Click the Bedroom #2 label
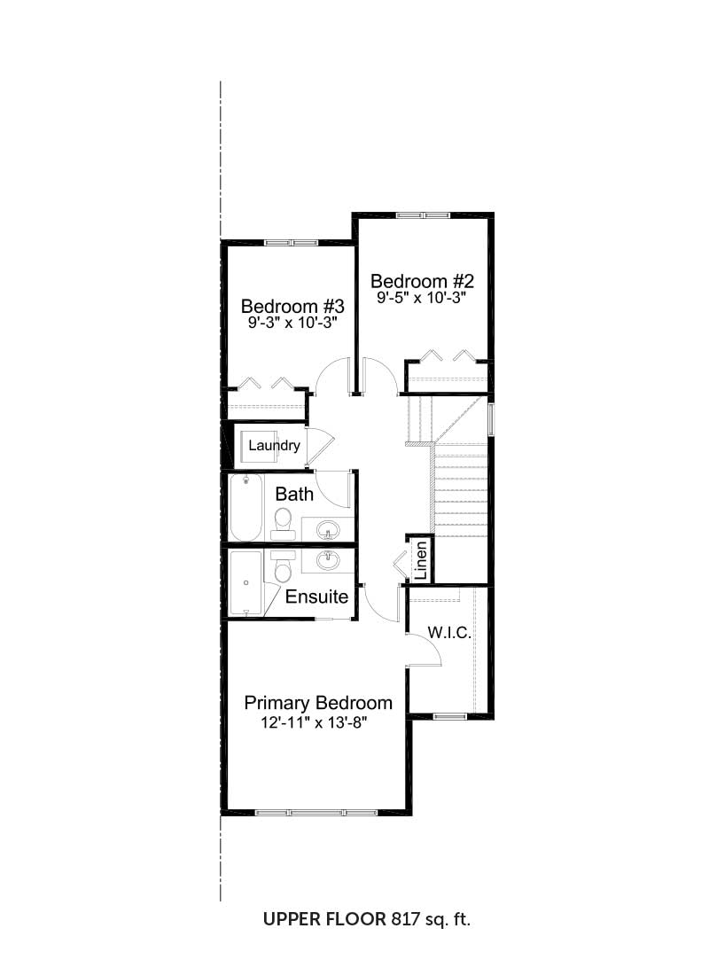[422, 281]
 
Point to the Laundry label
[274, 445]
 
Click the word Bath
[294, 495]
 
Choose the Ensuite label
[316, 597]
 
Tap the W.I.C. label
[449, 633]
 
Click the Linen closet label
[421, 560]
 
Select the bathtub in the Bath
[246, 507]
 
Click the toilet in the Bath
[284, 524]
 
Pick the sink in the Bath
[328, 530]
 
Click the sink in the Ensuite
[328, 560]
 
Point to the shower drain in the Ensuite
[246, 582]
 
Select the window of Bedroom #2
[423, 215]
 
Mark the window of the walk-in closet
[449, 716]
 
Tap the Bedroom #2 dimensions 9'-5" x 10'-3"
[422, 297]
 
